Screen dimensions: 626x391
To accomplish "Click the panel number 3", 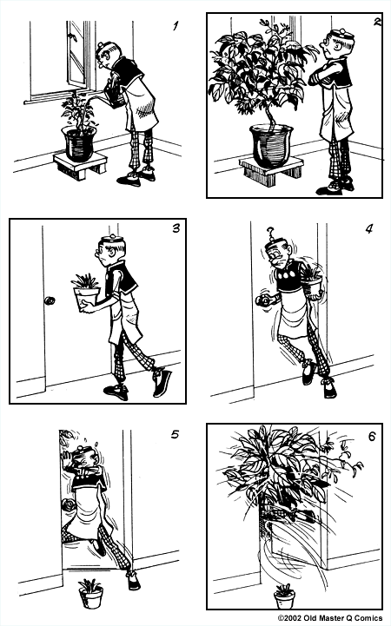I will (176, 229).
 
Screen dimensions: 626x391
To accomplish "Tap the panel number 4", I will (368, 230).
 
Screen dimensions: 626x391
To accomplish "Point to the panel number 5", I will (175, 434).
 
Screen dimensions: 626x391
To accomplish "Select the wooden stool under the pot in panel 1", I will (80, 165).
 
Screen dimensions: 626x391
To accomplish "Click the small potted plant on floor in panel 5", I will (89, 593).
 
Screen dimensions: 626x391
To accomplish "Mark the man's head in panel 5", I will (85, 458).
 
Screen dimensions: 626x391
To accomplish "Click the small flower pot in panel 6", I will (284, 596).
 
